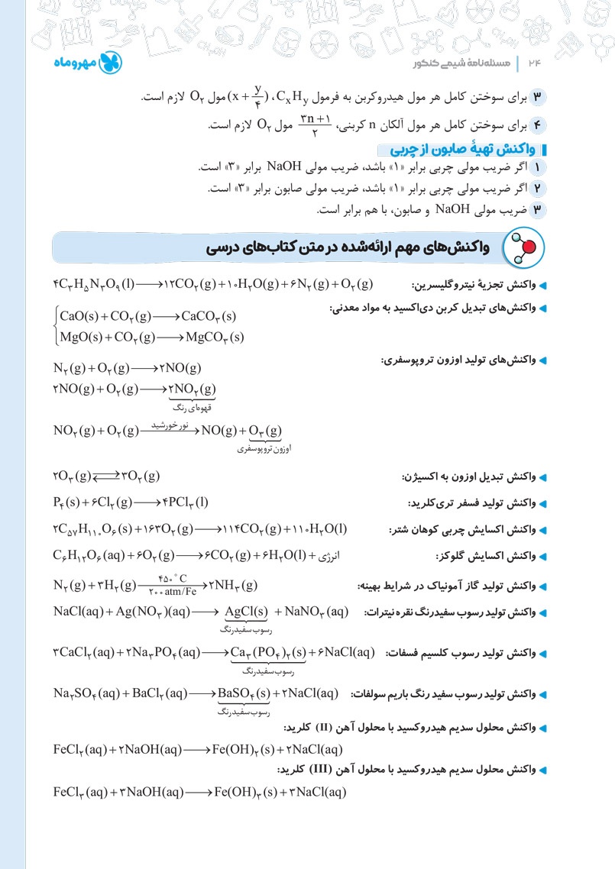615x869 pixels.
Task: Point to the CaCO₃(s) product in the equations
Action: (x=208, y=316)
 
